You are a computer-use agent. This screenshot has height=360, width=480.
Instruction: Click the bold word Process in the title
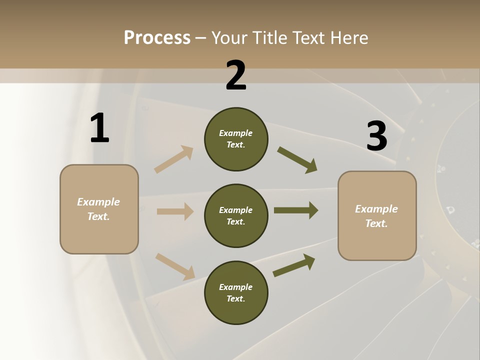tap(157, 37)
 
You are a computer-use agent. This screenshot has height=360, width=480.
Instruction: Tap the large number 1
tap(99, 128)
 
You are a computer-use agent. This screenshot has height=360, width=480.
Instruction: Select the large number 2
tap(236, 75)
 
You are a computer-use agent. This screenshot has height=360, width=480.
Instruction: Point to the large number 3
tap(376, 136)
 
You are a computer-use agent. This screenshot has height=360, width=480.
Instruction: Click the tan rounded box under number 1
tap(99, 209)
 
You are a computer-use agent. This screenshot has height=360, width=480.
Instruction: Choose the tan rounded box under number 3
tap(377, 215)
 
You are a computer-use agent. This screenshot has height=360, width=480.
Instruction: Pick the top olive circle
tap(236, 139)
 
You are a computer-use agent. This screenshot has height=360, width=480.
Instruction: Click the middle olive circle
tap(236, 215)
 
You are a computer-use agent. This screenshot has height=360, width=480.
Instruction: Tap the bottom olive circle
tap(236, 292)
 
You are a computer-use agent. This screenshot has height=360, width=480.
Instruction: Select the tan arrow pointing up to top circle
tap(174, 159)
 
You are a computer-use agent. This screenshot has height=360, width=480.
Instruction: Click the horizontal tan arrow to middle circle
tap(175, 211)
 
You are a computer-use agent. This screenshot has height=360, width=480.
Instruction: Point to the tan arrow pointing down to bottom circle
tap(175, 266)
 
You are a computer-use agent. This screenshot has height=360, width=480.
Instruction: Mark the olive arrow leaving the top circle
tap(297, 160)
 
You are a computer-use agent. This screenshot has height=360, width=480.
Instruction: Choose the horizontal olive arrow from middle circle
tap(296, 210)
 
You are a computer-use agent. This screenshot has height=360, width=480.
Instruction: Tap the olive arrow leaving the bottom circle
tap(294, 265)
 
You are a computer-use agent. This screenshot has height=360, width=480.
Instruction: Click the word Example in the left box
tap(98, 202)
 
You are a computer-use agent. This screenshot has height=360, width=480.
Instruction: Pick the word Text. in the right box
tap(376, 223)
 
